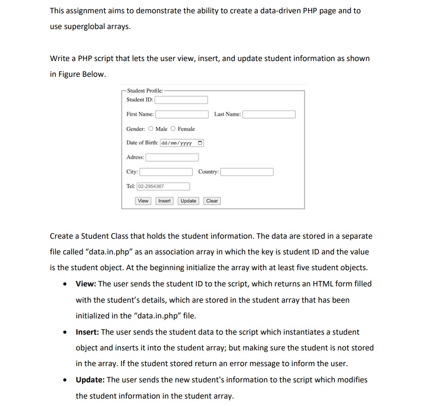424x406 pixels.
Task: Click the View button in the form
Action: tap(143, 201)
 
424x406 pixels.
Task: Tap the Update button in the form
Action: tap(188, 201)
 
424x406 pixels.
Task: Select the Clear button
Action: tap(212, 201)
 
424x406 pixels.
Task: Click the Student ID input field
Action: tap(182, 100)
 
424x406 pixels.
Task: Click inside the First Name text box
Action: tap(182, 114)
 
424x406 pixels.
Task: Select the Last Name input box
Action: tap(269, 114)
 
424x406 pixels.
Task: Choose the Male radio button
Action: tap(151, 129)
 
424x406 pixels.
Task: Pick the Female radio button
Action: tap(173, 129)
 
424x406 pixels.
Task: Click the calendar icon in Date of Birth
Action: tap(199, 143)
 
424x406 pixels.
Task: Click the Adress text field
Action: tap(172, 157)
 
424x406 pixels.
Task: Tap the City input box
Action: tap(166, 172)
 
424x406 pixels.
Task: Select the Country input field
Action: tap(247, 172)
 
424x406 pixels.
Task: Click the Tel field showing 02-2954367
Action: tap(163, 187)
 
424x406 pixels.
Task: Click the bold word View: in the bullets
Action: tap(86, 284)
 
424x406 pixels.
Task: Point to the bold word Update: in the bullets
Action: tap(90, 380)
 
